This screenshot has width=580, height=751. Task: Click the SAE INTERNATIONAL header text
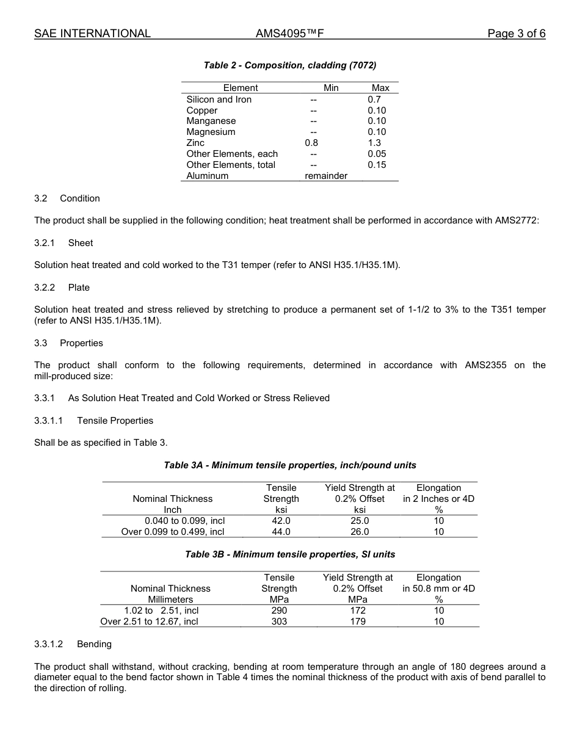pos(92,34)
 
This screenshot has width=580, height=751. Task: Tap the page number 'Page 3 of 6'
pos(517,34)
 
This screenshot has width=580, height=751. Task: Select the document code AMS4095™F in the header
pos(289,34)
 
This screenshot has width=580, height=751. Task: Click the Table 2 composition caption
pos(290,65)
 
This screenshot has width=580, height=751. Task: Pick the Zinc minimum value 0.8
pos(311,143)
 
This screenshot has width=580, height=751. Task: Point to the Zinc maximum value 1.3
pos(374,143)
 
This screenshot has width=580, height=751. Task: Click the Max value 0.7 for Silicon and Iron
pos(374,100)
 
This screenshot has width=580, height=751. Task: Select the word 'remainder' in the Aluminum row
pos(326,176)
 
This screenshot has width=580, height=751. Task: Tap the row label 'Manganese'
pos(211,121)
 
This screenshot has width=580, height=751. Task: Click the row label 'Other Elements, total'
pos(231,165)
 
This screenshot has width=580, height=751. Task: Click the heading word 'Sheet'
pos(81,243)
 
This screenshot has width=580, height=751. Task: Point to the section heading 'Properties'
pos(81,343)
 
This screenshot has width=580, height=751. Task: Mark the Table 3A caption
pos(290,465)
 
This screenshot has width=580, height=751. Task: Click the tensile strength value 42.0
pos(281,521)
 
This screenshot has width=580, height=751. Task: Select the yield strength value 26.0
pos(360,532)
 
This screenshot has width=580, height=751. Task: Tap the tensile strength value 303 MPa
pos(279,622)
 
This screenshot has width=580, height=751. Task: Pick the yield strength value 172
pos(358,611)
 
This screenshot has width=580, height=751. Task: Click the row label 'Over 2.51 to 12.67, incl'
pos(149,622)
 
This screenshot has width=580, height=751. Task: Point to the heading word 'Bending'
pos(94,644)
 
